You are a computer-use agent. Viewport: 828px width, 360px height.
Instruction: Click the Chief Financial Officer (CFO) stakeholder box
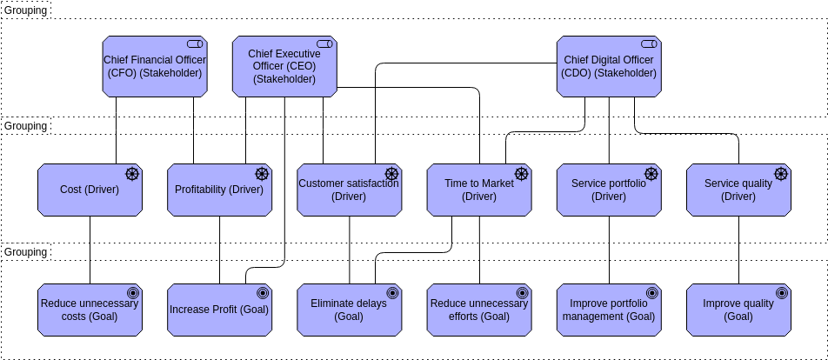click(x=154, y=65)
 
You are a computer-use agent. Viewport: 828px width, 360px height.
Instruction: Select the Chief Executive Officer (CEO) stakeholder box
click(x=284, y=66)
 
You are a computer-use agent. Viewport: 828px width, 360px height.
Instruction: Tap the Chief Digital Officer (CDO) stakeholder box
click(x=608, y=66)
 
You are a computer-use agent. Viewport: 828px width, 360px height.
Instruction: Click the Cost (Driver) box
click(x=90, y=190)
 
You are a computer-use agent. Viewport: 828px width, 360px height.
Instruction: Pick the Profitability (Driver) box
click(x=218, y=190)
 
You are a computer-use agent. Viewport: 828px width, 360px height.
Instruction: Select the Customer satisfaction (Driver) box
click(x=348, y=190)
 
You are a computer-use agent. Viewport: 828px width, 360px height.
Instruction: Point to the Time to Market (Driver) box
click(x=478, y=190)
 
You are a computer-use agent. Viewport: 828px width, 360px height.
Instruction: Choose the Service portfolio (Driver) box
click(x=608, y=190)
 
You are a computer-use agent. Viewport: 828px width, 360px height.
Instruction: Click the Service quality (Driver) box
click(x=738, y=190)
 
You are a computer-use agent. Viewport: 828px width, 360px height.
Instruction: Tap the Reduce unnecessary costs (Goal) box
click(x=90, y=310)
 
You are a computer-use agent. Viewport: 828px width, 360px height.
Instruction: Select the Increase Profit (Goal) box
click(x=218, y=310)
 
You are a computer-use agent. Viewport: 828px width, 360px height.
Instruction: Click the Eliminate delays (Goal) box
click(x=348, y=310)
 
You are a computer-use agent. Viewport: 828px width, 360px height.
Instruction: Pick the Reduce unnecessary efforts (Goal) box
click(x=478, y=310)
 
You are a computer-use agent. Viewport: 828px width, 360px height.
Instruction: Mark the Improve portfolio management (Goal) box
click(x=608, y=310)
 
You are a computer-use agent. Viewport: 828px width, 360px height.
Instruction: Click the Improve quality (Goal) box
click(x=738, y=310)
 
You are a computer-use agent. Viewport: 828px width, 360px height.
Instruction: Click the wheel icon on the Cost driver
click(x=132, y=174)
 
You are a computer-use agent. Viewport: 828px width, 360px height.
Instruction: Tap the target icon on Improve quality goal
click(x=781, y=293)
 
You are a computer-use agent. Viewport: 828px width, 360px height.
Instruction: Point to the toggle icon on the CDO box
click(x=648, y=43)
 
